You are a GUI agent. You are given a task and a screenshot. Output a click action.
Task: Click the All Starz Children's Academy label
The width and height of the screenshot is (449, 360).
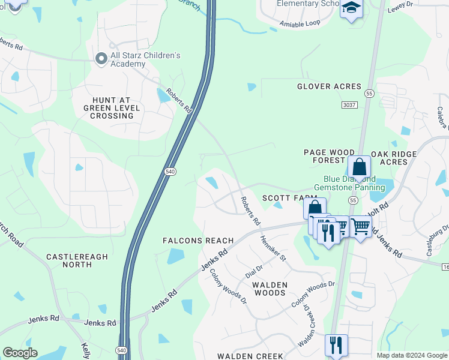[x=145, y=60]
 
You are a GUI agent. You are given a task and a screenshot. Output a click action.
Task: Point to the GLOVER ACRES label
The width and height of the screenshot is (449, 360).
[x=329, y=86]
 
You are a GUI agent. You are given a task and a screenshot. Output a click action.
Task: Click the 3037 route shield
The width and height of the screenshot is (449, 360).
[x=349, y=105]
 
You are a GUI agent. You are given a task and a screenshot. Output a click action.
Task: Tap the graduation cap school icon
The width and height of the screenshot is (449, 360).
[x=351, y=8]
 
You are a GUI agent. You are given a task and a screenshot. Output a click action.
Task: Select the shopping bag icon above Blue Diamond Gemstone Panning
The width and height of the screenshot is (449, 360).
[x=359, y=167]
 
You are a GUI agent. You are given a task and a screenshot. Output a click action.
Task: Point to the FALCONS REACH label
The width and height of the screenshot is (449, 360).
[x=198, y=241]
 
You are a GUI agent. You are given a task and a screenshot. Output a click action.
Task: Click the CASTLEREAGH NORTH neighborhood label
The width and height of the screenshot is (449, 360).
[x=77, y=260]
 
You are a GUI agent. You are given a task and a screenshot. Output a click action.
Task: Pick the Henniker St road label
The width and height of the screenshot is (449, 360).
[x=274, y=248]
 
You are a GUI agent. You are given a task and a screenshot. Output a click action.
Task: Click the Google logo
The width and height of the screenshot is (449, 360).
[x=20, y=353]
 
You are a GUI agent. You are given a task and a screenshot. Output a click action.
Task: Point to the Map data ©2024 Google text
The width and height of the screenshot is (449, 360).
[x=411, y=355]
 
